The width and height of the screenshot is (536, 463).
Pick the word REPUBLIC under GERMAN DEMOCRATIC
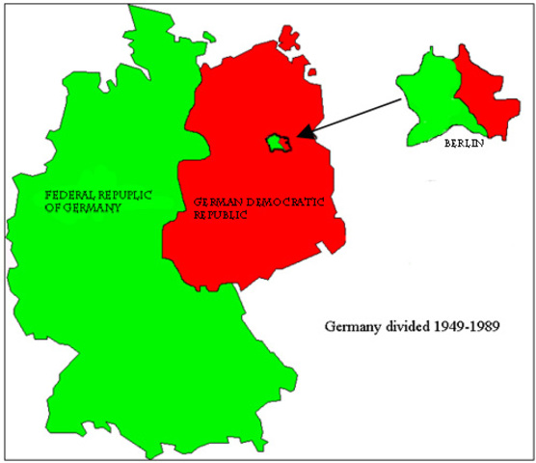point(221,217)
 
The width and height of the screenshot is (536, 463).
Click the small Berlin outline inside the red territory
point(278,143)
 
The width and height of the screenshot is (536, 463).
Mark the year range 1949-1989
point(471,326)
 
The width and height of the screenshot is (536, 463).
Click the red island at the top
point(289,37)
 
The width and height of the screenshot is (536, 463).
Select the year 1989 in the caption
point(491,326)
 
